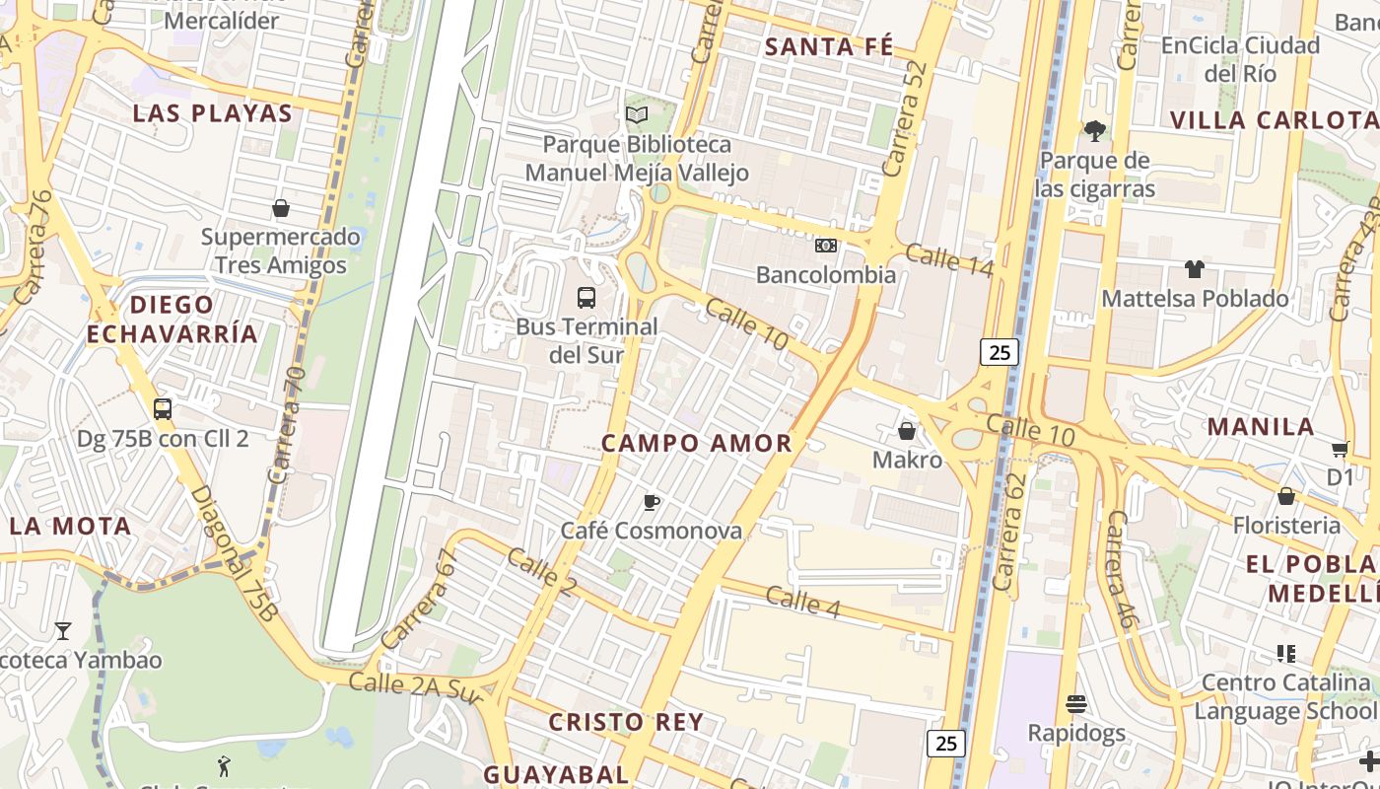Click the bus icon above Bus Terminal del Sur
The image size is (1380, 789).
pyautogui.click(x=586, y=297)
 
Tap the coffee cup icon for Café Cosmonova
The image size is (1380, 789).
pyautogui.click(x=651, y=502)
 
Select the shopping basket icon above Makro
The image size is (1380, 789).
pyautogui.click(x=907, y=431)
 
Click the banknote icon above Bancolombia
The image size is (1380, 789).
pyautogui.click(x=826, y=246)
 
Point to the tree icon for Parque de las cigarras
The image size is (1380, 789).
pyautogui.click(x=1094, y=130)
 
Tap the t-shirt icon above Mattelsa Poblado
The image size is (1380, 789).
pyautogui.click(x=1195, y=268)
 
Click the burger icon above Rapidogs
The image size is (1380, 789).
pyautogui.click(x=1076, y=704)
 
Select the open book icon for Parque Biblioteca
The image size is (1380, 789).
pyautogui.click(x=637, y=115)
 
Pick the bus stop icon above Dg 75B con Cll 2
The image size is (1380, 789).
pyautogui.click(x=163, y=408)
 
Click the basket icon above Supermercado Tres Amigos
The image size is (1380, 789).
pyautogui.click(x=281, y=208)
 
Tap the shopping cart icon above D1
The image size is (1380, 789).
pyautogui.click(x=1340, y=450)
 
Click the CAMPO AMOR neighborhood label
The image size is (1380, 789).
pyautogui.click(x=697, y=444)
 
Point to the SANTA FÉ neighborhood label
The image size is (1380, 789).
pyautogui.click(x=829, y=46)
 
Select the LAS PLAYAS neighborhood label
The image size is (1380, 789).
pyautogui.click(x=213, y=113)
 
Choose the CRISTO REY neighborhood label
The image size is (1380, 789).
pyautogui.click(x=627, y=722)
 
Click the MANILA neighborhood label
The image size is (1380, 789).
pyautogui.click(x=1261, y=427)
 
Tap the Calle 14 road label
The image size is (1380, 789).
pyautogui.click(x=948, y=259)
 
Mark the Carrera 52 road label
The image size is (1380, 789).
pyautogui.click(x=907, y=124)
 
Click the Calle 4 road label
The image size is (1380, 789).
pyautogui.click(x=802, y=602)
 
